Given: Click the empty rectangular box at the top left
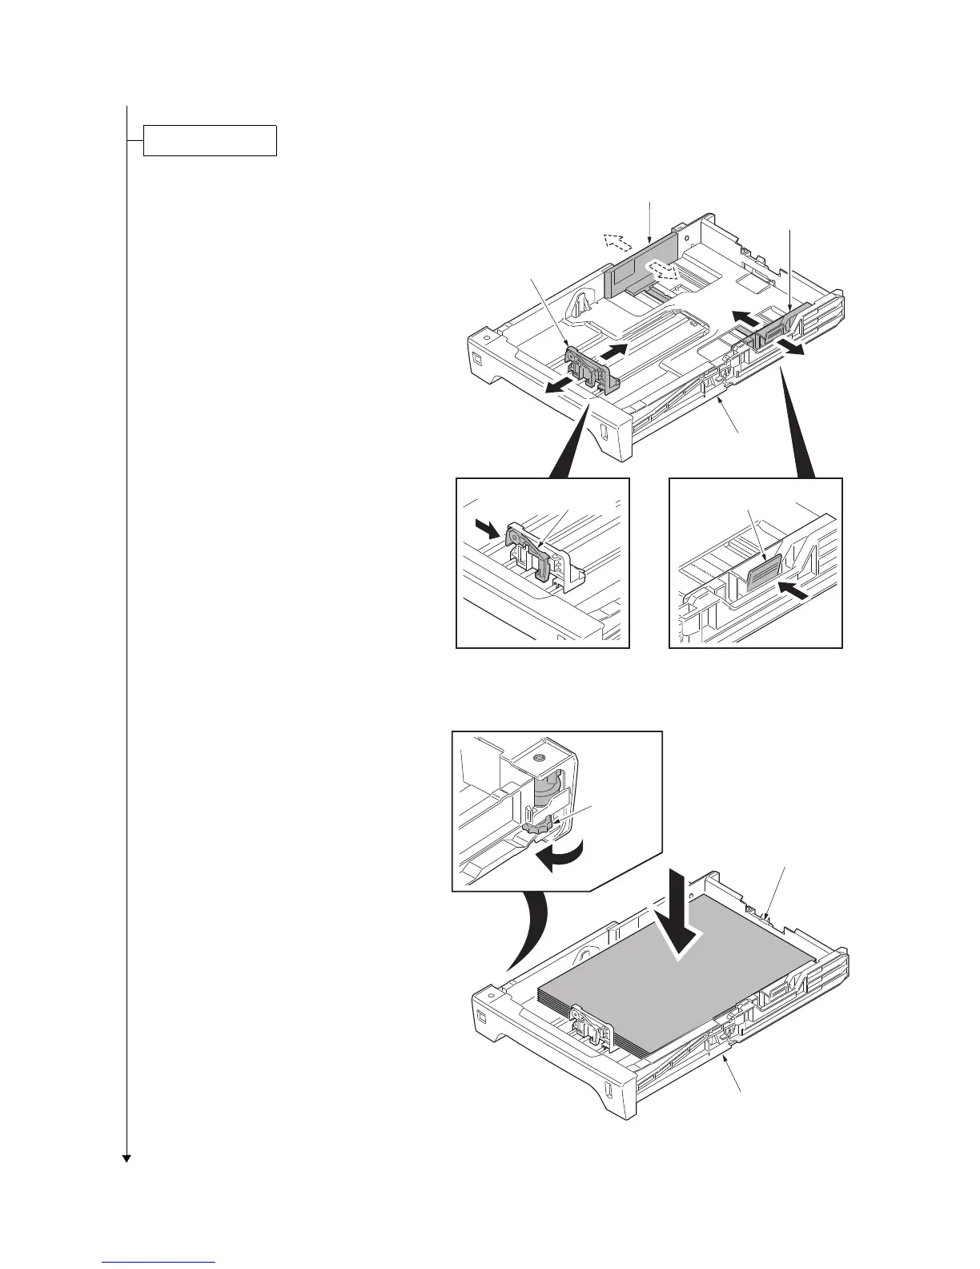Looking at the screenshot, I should [x=210, y=140].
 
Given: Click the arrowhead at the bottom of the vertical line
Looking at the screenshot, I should [x=127, y=1158].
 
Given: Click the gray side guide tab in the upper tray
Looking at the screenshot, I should [x=776, y=330].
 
